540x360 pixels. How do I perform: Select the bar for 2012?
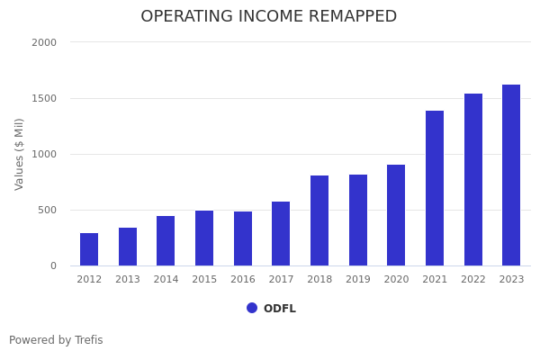click(89, 249)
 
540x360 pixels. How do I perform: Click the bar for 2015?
click(204, 238)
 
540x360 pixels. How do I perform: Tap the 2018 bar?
click(319, 220)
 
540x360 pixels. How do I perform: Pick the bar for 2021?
click(435, 188)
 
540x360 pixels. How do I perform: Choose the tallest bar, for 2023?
click(511, 175)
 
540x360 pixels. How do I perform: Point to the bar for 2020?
click(396, 215)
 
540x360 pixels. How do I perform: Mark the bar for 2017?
click(281, 234)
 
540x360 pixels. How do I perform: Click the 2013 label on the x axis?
click(128, 280)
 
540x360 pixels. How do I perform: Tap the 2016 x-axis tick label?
click(243, 280)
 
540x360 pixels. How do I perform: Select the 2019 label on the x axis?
click(358, 280)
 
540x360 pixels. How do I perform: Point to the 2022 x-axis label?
click(473, 280)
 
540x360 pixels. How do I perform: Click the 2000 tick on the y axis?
click(44, 42)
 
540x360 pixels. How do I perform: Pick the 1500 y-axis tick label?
click(44, 98)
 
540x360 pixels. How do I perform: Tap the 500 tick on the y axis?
click(47, 210)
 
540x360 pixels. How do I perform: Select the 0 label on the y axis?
click(53, 265)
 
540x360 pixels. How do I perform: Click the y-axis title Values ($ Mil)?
click(20, 154)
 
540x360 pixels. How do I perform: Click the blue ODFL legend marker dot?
click(252, 308)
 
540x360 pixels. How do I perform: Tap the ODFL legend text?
click(280, 309)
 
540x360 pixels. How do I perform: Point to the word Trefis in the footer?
click(88, 340)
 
